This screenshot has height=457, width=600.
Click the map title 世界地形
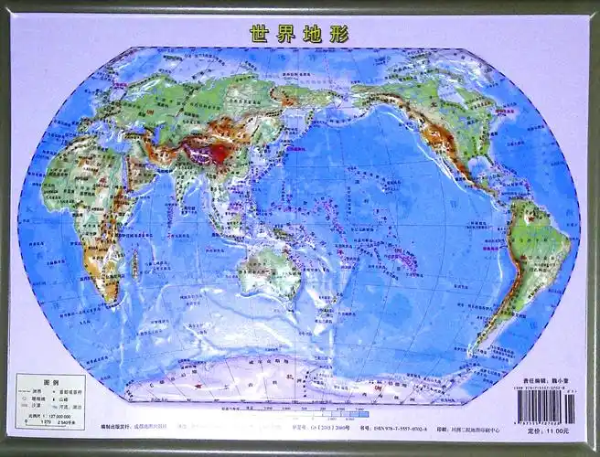[299, 34]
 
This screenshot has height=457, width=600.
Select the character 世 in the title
[259, 34]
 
